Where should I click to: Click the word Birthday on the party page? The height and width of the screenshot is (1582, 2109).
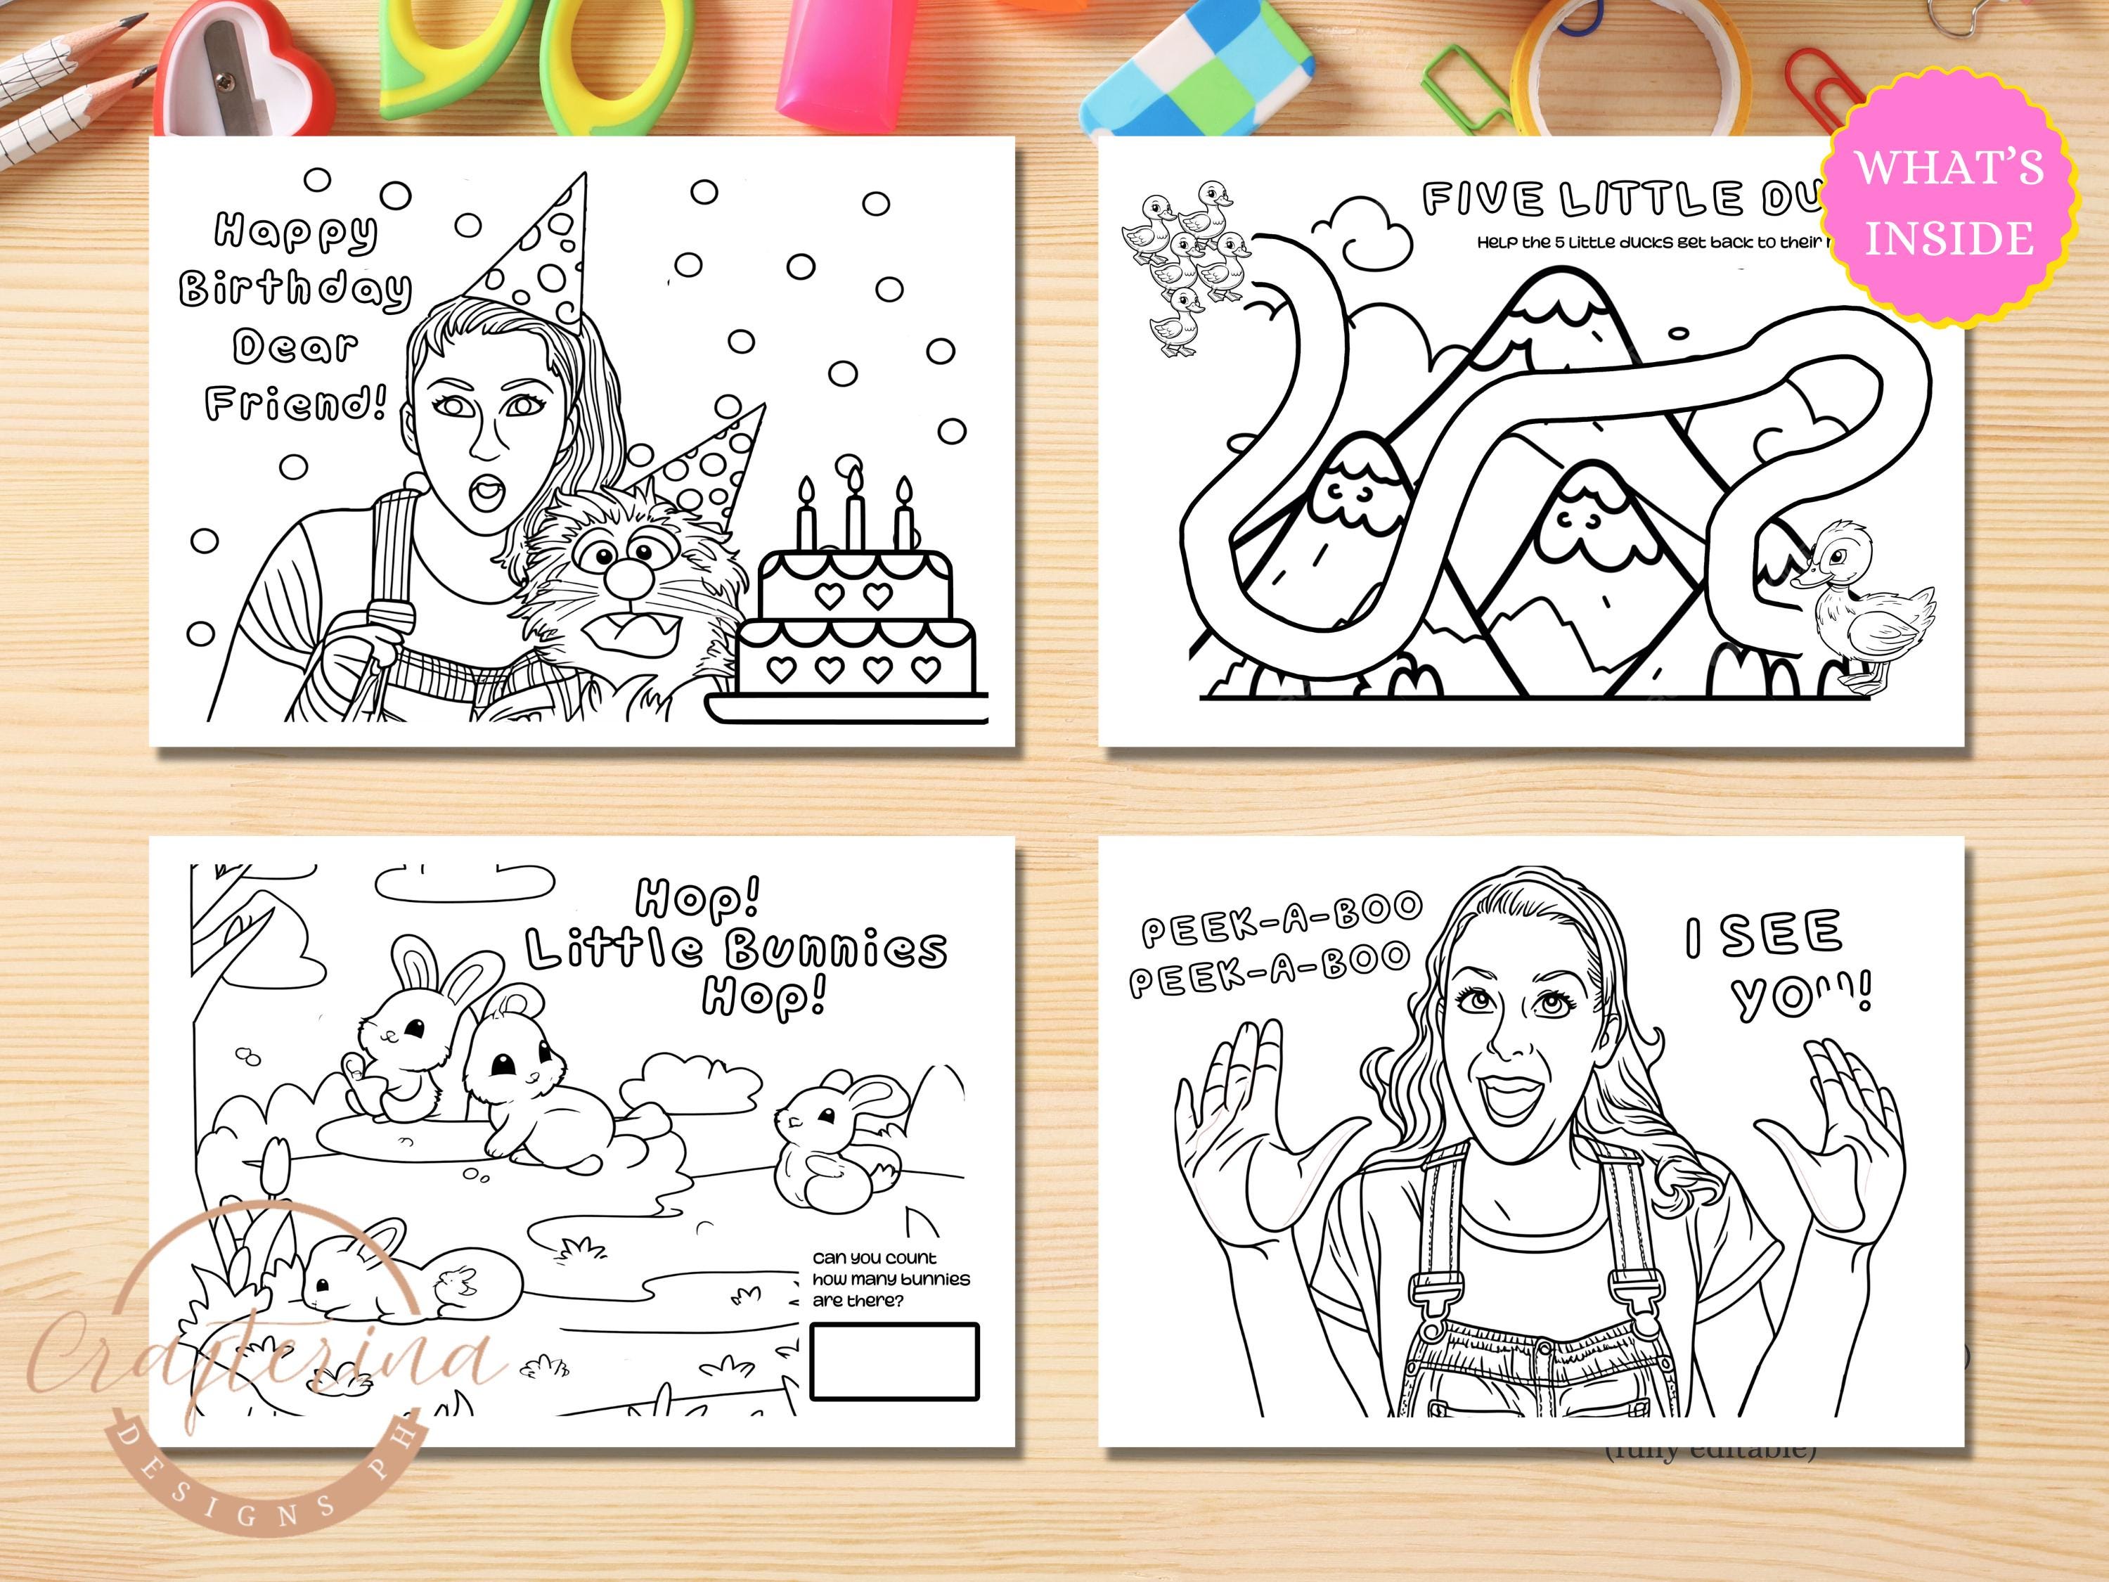tap(295, 288)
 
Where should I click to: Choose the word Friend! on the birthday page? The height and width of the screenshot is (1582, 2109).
tap(295, 404)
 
